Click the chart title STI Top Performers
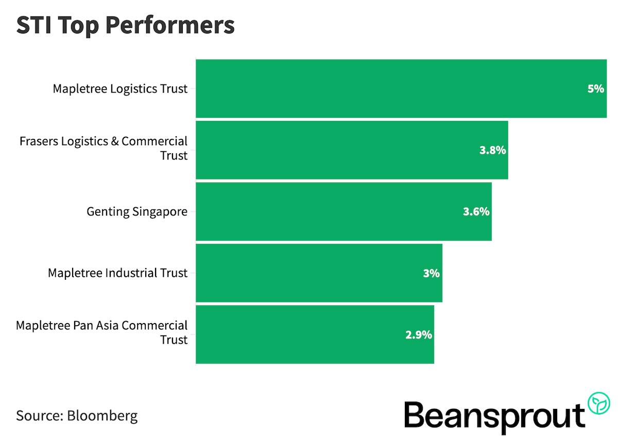point(125,26)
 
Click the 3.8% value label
point(493,150)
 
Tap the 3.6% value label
point(476,211)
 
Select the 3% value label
point(431,273)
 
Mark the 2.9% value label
point(418,335)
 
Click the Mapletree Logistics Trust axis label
point(120,89)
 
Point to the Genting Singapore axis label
point(137,211)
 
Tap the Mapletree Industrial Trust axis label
point(117,273)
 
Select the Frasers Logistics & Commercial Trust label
point(104,148)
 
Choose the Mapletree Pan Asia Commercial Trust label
point(102,332)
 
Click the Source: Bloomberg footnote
point(77,416)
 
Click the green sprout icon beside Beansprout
point(599,402)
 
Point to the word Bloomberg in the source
point(102,416)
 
